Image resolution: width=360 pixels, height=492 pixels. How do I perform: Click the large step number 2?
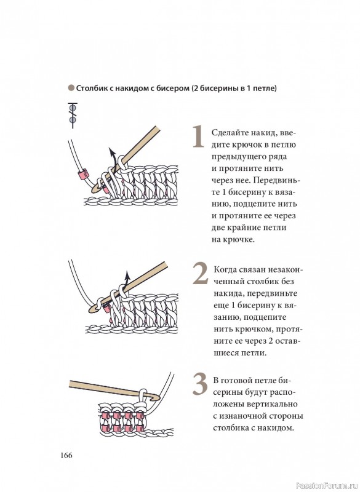pyautogui.click(x=200, y=274)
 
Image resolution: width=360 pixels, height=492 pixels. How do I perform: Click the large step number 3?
pyautogui.click(x=200, y=384)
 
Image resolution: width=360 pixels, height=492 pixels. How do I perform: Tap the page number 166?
pyautogui.click(x=66, y=455)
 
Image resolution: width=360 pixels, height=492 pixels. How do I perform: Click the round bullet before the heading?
pyautogui.click(x=71, y=88)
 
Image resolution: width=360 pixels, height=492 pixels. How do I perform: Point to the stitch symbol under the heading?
pyautogui.click(x=73, y=115)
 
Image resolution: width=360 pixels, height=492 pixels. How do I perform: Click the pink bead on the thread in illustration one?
pyautogui.click(x=83, y=175)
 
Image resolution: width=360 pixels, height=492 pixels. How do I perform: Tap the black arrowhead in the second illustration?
pyautogui.click(x=127, y=276)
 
